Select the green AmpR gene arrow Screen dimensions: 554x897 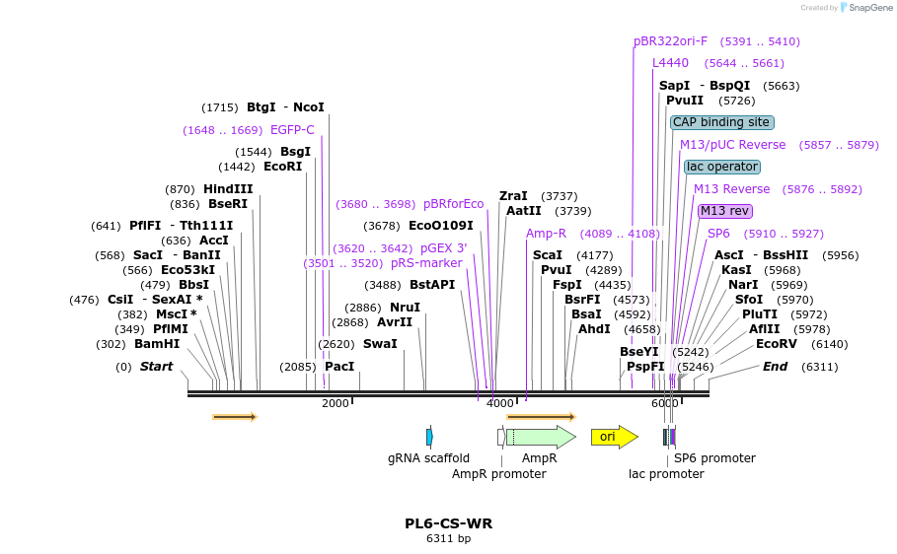[540, 437]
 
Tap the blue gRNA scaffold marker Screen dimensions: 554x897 [429, 437]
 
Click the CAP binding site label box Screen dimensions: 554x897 [721, 123]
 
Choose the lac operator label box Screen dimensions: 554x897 [721, 167]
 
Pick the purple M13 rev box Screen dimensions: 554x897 [724, 211]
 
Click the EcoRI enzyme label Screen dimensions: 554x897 [282, 167]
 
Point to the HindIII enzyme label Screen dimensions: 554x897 [228, 189]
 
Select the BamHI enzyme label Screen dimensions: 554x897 [157, 344]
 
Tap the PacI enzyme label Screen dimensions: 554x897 [339, 367]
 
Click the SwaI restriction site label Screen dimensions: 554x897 [380, 344]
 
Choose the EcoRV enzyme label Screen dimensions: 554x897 [776, 344]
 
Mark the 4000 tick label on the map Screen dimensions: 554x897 [500, 403]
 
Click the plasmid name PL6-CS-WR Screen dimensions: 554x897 [448, 523]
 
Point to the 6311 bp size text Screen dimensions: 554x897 [448, 539]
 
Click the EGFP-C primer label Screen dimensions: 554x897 [292, 130]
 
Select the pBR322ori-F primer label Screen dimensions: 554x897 [670, 41]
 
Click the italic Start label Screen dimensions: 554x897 [156, 367]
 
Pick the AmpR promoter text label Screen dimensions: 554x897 [498, 474]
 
